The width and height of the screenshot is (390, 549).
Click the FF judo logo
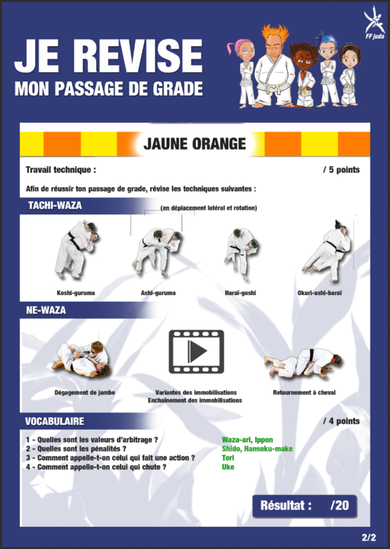pyautogui.click(x=374, y=23)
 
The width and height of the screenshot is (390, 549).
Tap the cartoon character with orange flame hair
pyautogui.click(x=274, y=66)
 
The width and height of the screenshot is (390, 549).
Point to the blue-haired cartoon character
pyautogui.click(x=328, y=69)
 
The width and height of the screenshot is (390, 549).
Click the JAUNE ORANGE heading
pyautogui.click(x=194, y=144)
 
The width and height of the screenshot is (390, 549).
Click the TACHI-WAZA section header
pyautogui.click(x=55, y=205)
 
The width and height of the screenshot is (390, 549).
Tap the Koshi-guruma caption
pyautogui.click(x=76, y=292)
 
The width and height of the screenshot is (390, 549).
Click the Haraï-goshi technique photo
pyautogui.click(x=241, y=253)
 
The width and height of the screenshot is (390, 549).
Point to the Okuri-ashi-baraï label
pyautogui.click(x=319, y=292)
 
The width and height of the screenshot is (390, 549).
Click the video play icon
pyautogui.click(x=196, y=351)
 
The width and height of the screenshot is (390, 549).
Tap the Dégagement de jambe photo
pyautogui.click(x=81, y=360)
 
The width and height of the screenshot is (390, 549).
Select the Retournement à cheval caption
pyautogui.click(x=304, y=392)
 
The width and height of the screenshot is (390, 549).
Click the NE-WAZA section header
pyautogui.click(x=46, y=310)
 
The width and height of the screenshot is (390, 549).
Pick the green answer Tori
pyautogui.click(x=228, y=457)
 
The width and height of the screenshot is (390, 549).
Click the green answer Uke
pyautogui.click(x=228, y=467)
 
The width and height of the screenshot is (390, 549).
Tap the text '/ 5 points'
pyautogui.click(x=341, y=170)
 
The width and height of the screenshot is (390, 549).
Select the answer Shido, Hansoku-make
pyautogui.click(x=257, y=448)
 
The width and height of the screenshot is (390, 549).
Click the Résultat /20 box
pyautogui.click(x=305, y=506)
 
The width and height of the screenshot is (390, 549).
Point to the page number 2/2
pyautogui.click(x=369, y=537)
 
